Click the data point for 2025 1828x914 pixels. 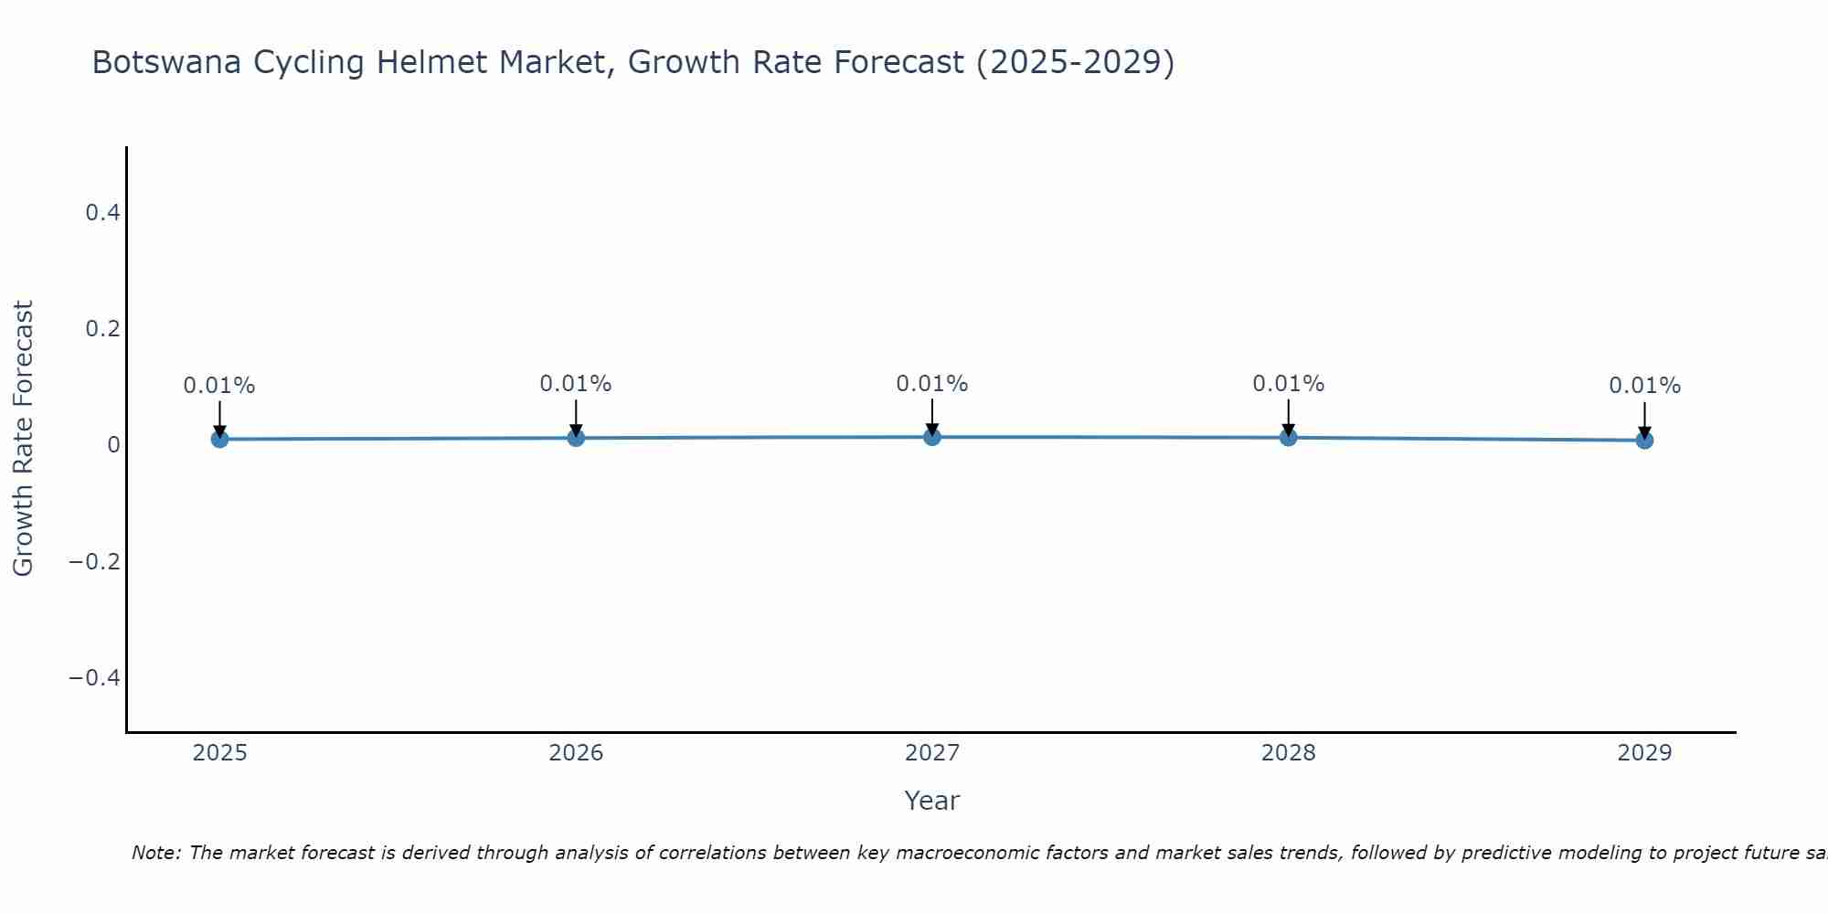point(219,439)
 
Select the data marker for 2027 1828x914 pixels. point(932,437)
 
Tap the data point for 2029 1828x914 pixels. point(1644,441)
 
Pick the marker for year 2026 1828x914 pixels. point(576,438)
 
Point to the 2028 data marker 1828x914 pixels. point(1289,437)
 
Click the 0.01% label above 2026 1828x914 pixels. point(576,384)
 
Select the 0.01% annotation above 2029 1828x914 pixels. point(1644,386)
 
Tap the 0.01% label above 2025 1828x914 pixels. point(219,386)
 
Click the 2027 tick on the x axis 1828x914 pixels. point(932,753)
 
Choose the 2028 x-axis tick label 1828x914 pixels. point(1289,753)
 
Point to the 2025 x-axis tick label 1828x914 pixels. point(220,753)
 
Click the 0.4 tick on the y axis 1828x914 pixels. point(102,213)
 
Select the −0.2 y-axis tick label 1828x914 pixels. point(95,561)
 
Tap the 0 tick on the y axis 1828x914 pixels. point(113,445)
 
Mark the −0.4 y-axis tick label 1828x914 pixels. point(95,677)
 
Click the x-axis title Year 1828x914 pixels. point(931,801)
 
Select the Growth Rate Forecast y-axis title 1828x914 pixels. point(23,439)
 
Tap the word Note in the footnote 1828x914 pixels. point(156,853)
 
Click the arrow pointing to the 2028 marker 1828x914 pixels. point(1289,416)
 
